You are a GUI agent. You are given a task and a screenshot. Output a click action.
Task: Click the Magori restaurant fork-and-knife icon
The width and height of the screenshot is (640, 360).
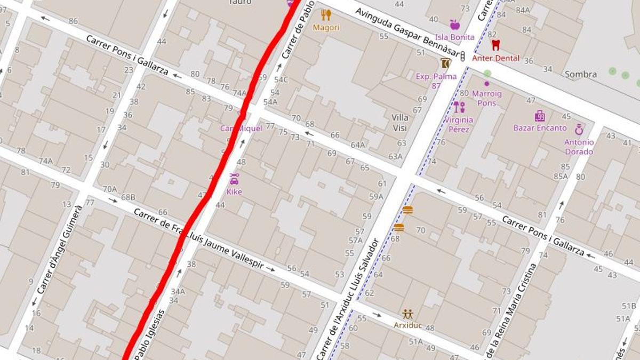pyautogui.click(x=326, y=15)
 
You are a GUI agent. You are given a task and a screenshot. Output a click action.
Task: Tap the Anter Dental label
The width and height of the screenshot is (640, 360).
pyautogui.click(x=495, y=58)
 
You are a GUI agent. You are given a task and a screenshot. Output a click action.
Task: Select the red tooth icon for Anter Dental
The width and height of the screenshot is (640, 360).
pyautogui.click(x=495, y=45)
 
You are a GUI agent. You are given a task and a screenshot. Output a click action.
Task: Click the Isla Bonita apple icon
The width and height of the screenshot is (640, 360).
pyautogui.click(x=454, y=25)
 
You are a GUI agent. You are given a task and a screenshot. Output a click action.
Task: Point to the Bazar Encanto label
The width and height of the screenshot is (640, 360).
pyautogui.click(x=540, y=128)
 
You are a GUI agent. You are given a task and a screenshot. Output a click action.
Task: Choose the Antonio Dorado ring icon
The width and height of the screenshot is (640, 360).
pyautogui.click(x=579, y=129)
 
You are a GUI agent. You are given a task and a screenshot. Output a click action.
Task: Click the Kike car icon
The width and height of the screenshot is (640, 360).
pyautogui.click(x=234, y=179)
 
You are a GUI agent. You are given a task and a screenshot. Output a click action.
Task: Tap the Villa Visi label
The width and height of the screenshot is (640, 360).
pyautogui.click(x=399, y=123)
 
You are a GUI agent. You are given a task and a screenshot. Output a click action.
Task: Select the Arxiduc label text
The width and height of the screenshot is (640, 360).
pyautogui.click(x=407, y=325)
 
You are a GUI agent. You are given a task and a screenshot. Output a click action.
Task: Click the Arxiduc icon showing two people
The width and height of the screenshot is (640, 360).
pyautogui.click(x=407, y=314)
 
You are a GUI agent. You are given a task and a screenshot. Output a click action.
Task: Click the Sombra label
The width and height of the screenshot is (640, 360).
pyautogui.click(x=580, y=75)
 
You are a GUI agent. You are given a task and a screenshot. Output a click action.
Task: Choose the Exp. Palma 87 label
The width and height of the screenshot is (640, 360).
pyautogui.click(x=436, y=81)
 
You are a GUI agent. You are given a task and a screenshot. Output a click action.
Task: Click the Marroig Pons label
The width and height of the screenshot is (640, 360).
pyautogui.click(x=486, y=99)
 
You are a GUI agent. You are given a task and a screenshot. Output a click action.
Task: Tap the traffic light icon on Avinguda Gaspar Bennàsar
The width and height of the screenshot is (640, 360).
pyautogui.click(x=462, y=56)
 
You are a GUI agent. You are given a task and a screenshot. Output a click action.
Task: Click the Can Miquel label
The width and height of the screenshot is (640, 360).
pyautogui.click(x=241, y=129)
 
